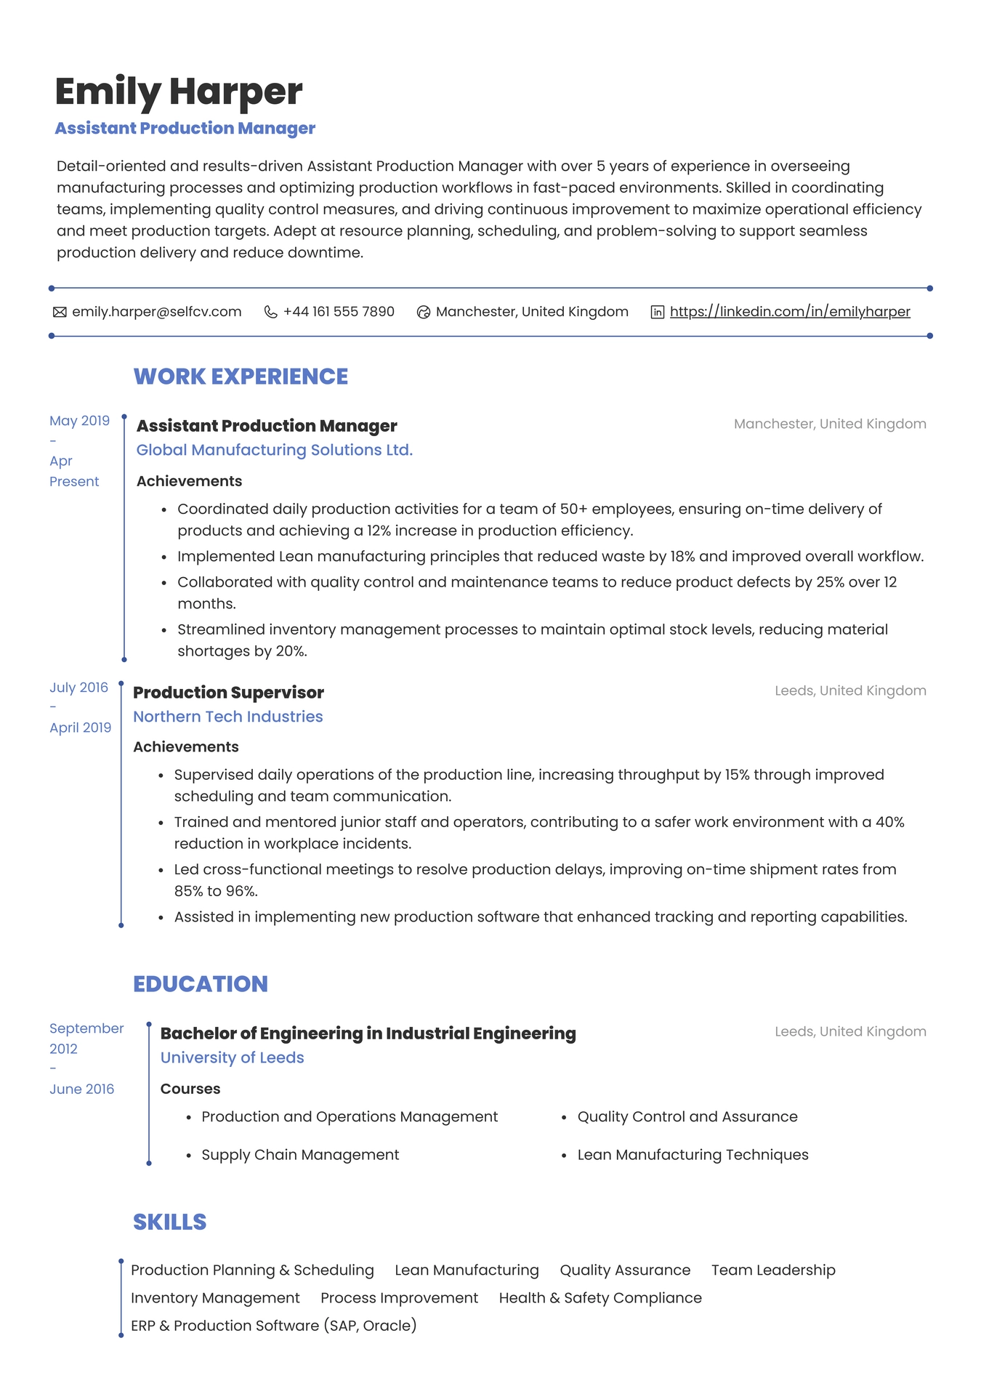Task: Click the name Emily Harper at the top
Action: pos(179,92)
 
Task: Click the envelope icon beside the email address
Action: pos(60,313)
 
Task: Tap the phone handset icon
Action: pos(270,313)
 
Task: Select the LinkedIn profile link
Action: pos(790,312)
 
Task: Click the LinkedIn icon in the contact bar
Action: pos(657,313)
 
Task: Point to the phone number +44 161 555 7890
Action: pos(339,312)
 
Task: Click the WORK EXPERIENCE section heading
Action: pos(241,376)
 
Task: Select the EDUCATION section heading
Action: pos(201,984)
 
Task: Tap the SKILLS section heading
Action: pos(170,1222)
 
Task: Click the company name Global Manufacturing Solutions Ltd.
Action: pos(275,450)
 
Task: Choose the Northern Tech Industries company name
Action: pos(228,717)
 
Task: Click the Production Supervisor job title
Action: pos(228,693)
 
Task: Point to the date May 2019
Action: pos(79,421)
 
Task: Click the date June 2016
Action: pos(81,1089)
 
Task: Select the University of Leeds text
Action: pos(232,1057)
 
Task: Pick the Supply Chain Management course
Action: pos(300,1155)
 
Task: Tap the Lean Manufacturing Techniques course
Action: pos(693,1155)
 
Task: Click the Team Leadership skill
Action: pos(773,1270)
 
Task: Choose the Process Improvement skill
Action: pos(399,1298)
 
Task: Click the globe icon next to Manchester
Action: pos(424,313)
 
